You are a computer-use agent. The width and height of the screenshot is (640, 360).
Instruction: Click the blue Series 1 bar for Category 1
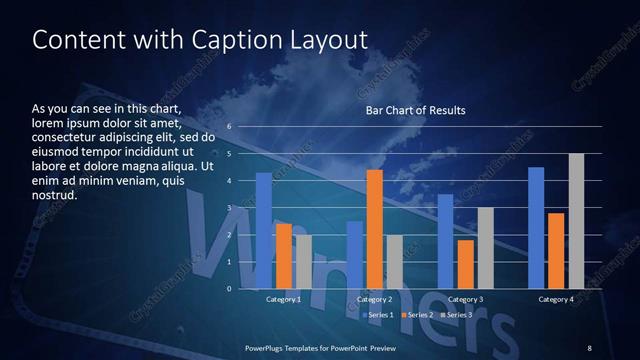pos(264,231)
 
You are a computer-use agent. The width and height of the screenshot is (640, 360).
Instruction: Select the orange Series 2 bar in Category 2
pos(375,229)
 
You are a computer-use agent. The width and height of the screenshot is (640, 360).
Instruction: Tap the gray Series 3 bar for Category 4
pos(576,221)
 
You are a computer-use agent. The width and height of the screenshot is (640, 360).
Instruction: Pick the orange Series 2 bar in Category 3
pos(466,264)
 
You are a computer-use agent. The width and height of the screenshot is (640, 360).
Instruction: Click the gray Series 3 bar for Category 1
pos(303,262)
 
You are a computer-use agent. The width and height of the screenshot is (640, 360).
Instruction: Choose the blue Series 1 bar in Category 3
pos(446,241)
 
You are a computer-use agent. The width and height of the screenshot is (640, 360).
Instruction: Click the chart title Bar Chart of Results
pos(415,110)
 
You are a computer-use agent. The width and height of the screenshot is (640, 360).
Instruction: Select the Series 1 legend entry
pos(376,315)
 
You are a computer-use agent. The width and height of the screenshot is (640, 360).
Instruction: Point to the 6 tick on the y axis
pos(229,127)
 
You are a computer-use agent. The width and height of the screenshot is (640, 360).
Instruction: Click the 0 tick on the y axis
pos(229,289)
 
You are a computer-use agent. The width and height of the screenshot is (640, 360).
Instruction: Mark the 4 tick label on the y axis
pos(229,181)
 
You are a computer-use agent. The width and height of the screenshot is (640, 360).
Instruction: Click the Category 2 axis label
pos(374,299)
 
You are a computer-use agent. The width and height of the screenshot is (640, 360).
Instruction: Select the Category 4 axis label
pos(556,299)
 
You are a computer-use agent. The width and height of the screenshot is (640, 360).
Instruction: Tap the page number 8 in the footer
pos(590,347)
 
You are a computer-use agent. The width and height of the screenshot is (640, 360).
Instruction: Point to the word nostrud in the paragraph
pos(54,195)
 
